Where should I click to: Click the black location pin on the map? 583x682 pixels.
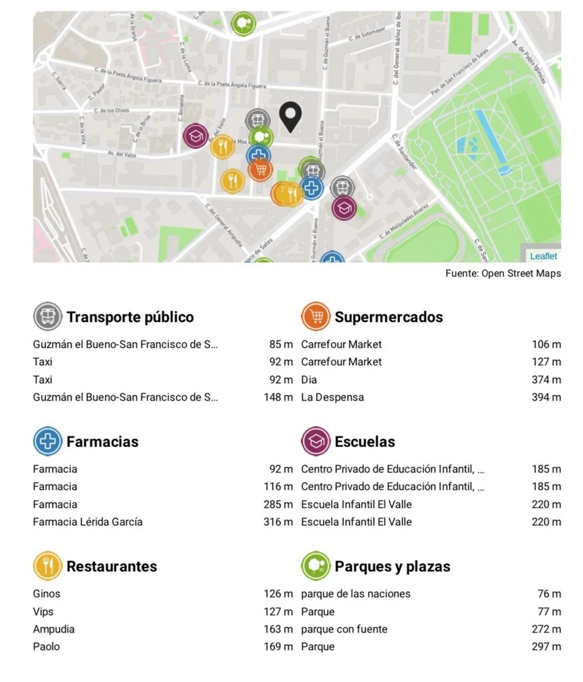pos(290,116)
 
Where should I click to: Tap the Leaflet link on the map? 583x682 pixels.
pos(543,256)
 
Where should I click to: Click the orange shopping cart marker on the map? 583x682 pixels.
pos(261,169)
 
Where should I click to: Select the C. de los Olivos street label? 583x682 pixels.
pos(111,111)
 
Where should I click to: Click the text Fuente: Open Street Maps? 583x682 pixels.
pos(503,273)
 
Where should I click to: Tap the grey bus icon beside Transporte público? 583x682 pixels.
pos(47,316)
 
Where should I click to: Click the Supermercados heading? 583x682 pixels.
pos(388,316)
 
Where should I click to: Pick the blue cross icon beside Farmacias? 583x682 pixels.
pos(47,441)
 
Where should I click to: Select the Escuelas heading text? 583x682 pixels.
pos(364,441)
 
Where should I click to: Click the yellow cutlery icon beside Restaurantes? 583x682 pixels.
pos(47,566)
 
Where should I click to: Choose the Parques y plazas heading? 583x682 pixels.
pos(392,566)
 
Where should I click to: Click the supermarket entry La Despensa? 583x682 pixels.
pos(332,397)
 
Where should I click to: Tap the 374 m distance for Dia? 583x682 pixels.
pos(546,380)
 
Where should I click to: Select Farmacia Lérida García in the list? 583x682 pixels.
pos(88,522)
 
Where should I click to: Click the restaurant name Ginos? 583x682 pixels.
pos(47,594)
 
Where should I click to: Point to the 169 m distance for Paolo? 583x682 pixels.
pos(278,647)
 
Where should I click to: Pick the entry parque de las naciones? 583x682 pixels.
pos(355,594)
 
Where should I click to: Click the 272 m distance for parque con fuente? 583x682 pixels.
pos(546,629)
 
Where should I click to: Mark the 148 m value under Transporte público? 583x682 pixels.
pos(278,397)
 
